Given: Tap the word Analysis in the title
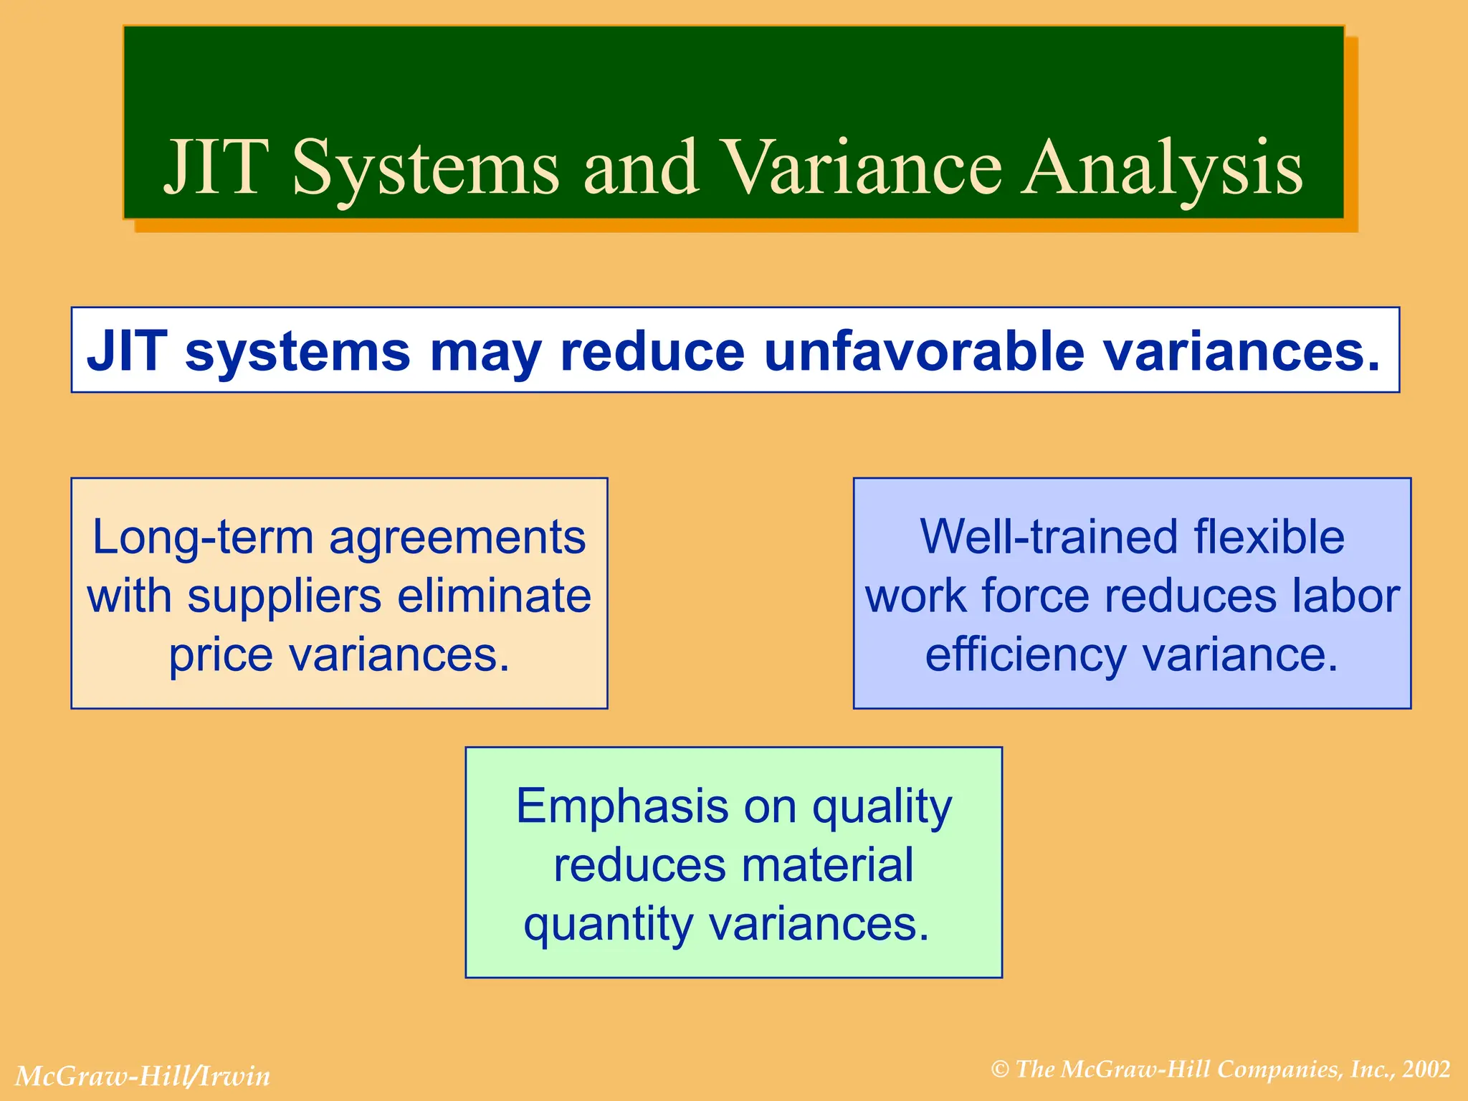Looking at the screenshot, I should click(1162, 169).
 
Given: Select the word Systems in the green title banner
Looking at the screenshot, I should click(426, 169).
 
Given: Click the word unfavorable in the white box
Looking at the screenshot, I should click(924, 351).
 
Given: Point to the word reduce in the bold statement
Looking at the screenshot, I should click(652, 351).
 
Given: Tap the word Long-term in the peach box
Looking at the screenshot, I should click(204, 538).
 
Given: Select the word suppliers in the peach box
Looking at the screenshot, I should click(284, 596).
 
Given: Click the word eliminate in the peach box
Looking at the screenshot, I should click(494, 596).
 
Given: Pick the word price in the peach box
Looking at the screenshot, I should click(220, 657).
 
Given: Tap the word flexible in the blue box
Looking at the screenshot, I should click(1268, 538).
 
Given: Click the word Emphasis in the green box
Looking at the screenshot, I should click(621, 806).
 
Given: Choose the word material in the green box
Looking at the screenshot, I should click(827, 865).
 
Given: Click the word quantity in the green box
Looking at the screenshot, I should click(608, 925).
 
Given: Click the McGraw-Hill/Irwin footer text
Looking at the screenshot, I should click(143, 1076).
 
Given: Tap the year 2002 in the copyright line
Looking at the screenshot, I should click(1426, 1069).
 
